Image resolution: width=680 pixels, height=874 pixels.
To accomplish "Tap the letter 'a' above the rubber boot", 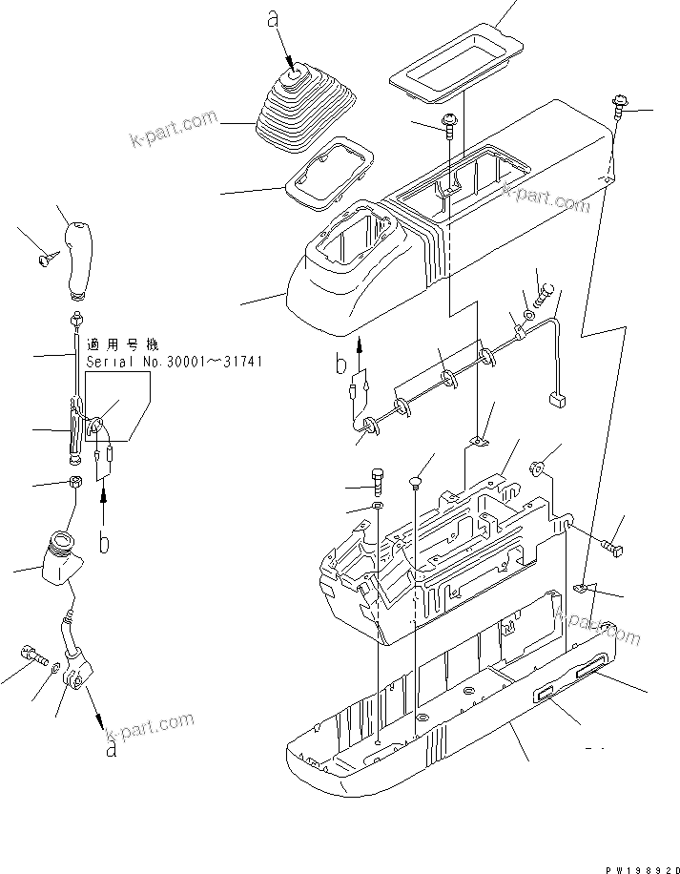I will (274, 18).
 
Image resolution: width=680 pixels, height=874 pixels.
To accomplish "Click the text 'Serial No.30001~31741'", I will (174, 363).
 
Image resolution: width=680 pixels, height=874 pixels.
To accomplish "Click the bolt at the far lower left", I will (31, 655).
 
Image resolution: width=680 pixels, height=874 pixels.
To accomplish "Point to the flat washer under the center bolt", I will (378, 504).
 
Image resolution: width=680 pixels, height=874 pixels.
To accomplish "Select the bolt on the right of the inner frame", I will (610, 548).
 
